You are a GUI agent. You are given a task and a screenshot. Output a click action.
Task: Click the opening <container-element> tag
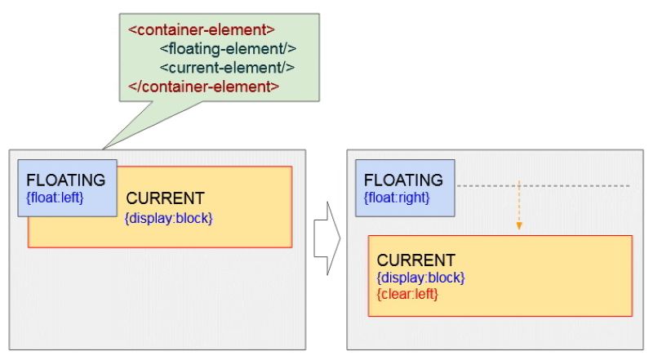click(202, 30)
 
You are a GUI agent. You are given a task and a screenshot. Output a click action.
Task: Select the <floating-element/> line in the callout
click(227, 49)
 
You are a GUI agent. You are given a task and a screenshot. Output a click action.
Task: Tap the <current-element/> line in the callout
click(227, 68)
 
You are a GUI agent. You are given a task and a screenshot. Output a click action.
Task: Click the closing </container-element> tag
click(204, 87)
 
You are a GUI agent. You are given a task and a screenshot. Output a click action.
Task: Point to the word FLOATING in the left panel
click(66, 180)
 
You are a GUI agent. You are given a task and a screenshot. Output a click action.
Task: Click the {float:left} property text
click(56, 197)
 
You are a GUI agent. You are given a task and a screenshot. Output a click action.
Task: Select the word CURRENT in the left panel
click(165, 198)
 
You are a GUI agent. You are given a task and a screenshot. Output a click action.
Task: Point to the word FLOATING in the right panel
click(403, 180)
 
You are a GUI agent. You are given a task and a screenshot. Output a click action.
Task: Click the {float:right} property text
click(397, 197)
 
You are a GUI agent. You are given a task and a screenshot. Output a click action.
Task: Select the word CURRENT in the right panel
click(415, 260)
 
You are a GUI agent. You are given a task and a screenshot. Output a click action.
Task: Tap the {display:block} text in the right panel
click(420, 278)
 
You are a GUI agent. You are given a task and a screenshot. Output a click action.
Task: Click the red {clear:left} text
click(407, 293)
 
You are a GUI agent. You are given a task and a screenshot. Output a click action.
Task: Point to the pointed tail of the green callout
click(104, 148)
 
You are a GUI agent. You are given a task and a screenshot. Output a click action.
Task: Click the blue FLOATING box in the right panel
click(404, 189)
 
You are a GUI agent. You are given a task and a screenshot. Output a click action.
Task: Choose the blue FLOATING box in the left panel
click(67, 188)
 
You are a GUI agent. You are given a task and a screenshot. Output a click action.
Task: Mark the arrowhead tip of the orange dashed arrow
click(518, 229)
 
